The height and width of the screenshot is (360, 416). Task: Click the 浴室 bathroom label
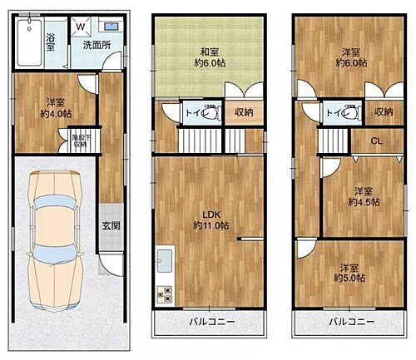click(51, 41)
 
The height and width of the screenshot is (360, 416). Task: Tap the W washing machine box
click(82, 27)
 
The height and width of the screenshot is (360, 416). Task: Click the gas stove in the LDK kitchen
click(163, 293)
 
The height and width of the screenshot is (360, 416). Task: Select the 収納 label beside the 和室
click(244, 112)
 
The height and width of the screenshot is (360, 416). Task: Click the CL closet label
click(377, 141)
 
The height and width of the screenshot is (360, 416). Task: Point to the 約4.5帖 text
click(364, 202)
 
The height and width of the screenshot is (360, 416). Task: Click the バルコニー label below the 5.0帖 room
click(350, 321)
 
